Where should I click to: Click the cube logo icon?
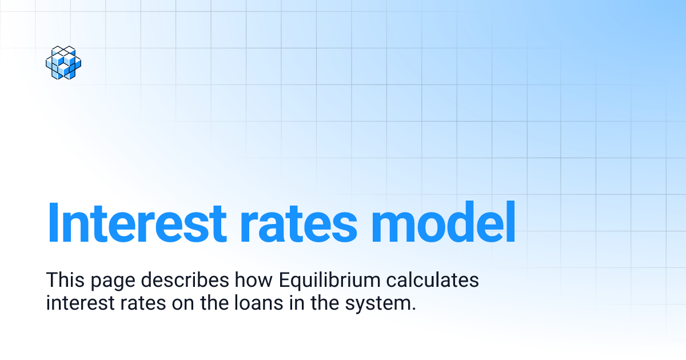click(x=63, y=62)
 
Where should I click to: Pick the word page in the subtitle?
click(x=108, y=282)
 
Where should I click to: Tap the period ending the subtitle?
click(x=413, y=308)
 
